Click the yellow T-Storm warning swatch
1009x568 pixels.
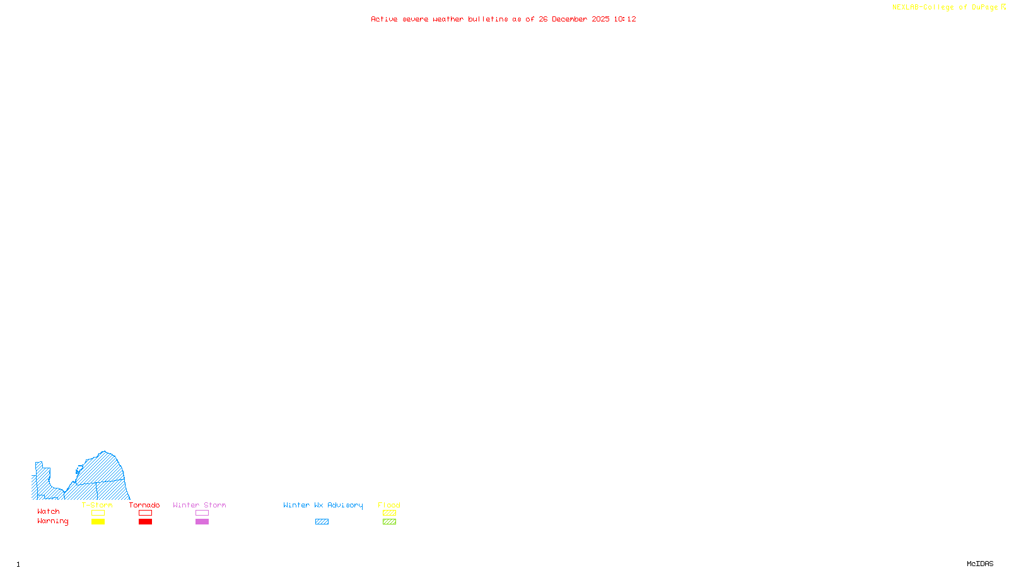click(x=98, y=522)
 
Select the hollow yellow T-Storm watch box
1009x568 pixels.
click(x=98, y=513)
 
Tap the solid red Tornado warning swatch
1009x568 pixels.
click(x=145, y=522)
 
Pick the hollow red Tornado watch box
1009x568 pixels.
click(x=145, y=513)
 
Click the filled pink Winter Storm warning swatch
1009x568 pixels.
click(x=202, y=522)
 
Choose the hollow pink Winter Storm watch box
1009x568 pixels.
click(x=202, y=513)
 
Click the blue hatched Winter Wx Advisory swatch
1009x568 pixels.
click(x=322, y=522)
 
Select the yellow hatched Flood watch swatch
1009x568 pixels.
click(x=389, y=513)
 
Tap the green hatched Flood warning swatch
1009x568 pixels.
click(x=389, y=522)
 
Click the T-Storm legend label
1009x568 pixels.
click(x=97, y=505)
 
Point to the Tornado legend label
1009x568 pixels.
click(x=144, y=505)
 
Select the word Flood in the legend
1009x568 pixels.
click(x=389, y=505)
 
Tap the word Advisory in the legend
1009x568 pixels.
click(x=345, y=505)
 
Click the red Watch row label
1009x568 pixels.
click(x=49, y=512)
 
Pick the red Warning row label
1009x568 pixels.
click(x=53, y=521)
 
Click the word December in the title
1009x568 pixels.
click(x=569, y=20)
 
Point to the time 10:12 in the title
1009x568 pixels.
click(x=625, y=20)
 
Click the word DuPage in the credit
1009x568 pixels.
click(x=984, y=8)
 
